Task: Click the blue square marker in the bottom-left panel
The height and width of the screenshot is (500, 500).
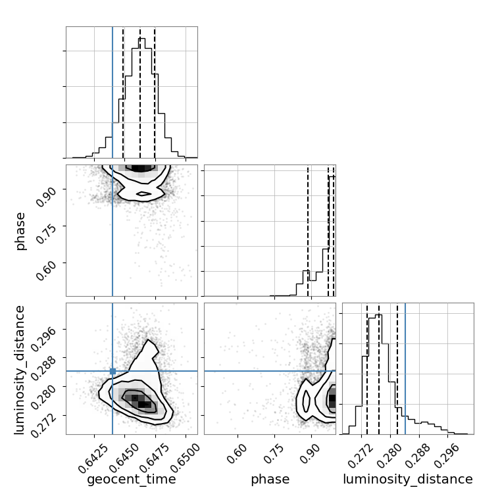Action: coord(113,371)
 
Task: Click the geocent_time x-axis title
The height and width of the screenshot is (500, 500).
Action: coord(132,479)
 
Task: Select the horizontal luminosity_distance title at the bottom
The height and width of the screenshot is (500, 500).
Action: coord(408,479)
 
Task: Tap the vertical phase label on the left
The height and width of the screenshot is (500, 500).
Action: coord(20,232)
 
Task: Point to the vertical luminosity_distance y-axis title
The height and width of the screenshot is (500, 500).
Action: coord(20,370)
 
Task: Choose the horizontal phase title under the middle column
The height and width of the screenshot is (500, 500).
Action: coord(270,479)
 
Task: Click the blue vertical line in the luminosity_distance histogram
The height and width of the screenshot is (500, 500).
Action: coord(405,368)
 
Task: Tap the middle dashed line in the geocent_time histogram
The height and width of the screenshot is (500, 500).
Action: coord(140,92)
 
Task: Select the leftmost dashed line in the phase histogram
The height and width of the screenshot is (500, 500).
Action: coord(308,230)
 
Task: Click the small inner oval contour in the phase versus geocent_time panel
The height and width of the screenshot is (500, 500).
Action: coord(143,193)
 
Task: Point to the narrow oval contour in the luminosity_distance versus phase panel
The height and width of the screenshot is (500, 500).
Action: coord(306,401)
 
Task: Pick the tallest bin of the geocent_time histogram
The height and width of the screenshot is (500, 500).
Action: coord(141,98)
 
